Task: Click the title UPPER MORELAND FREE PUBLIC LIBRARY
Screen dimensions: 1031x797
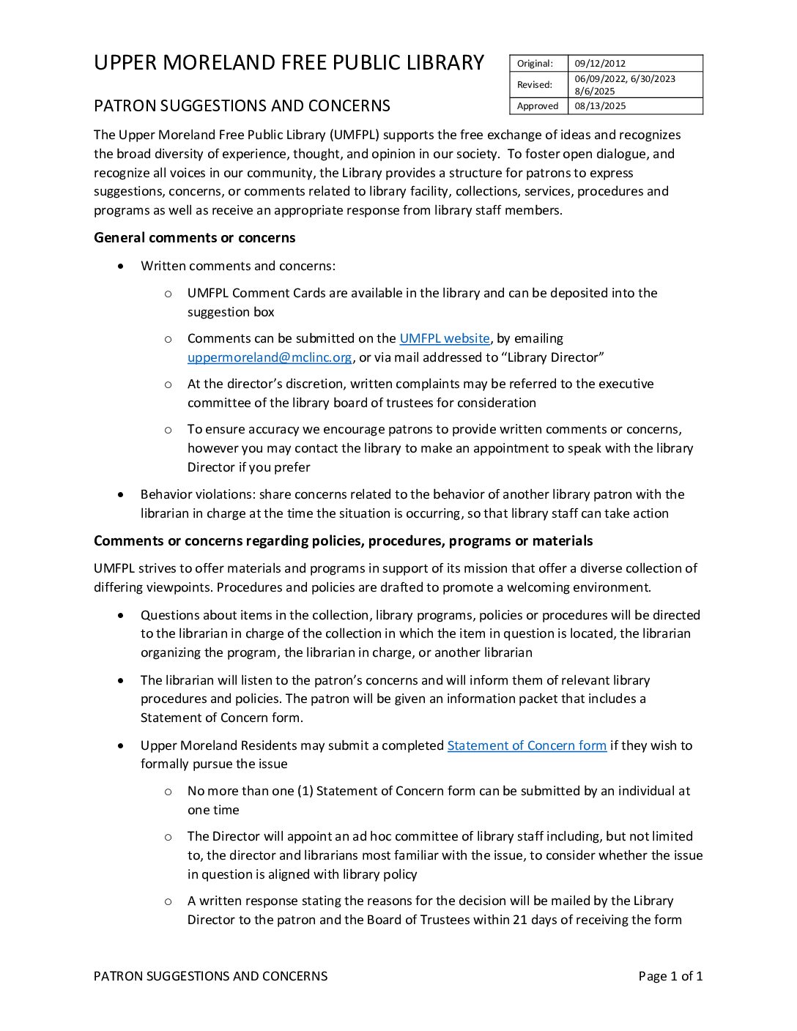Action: (x=289, y=63)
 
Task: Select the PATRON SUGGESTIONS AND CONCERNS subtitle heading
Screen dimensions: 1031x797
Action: (x=242, y=106)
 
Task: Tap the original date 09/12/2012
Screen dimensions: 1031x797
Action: (x=600, y=64)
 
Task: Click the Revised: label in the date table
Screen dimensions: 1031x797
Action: (x=535, y=85)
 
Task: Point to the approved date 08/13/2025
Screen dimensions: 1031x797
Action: (x=600, y=106)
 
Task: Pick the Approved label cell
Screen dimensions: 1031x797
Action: (x=538, y=106)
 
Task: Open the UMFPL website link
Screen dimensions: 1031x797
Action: (x=444, y=338)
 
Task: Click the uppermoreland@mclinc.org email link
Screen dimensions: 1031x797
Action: (x=270, y=357)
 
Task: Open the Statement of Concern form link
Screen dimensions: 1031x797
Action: (x=527, y=745)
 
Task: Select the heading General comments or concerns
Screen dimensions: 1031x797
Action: (x=194, y=238)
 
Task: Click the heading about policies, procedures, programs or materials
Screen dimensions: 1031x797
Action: (x=343, y=541)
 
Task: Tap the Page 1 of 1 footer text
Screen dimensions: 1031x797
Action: (x=670, y=976)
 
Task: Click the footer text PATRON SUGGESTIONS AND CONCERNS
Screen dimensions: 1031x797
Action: (x=210, y=976)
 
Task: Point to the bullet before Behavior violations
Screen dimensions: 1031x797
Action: (x=121, y=495)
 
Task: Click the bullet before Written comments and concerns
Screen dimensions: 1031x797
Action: (x=121, y=267)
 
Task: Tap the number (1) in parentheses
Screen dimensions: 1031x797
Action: (x=305, y=791)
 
